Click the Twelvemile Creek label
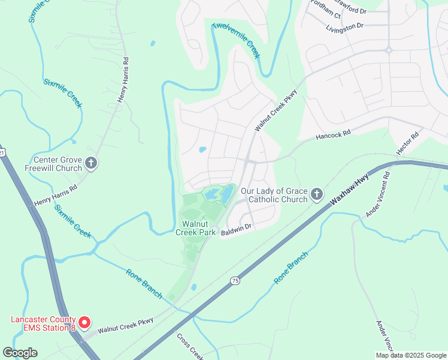point(237,41)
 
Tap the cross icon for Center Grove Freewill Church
point(91,163)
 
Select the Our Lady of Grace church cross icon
point(317,194)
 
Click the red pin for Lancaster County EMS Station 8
point(84,323)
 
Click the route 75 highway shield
point(234,280)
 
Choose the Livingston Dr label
point(345,26)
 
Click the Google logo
point(20,353)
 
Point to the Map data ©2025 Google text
point(410,355)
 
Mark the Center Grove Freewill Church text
point(57,164)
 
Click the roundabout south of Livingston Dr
point(388,50)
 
